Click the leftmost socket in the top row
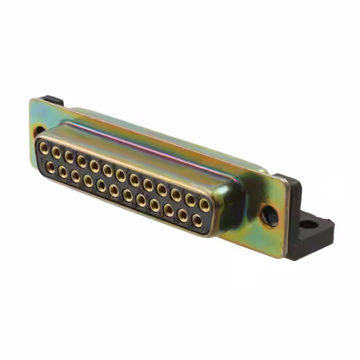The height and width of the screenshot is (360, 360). [43, 148]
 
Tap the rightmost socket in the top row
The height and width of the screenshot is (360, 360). [204, 205]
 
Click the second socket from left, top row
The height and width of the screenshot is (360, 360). [56, 152]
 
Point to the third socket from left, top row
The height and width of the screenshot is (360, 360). [69, 156]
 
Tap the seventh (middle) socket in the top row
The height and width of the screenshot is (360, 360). [120, 174]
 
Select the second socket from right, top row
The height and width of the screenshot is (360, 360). [190, 200]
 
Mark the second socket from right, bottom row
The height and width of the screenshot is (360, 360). [183, 214]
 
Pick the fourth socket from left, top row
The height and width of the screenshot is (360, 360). [82, 161]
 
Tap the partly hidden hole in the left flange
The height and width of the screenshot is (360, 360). [38, 130]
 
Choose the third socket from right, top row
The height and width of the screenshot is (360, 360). [176, 195]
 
